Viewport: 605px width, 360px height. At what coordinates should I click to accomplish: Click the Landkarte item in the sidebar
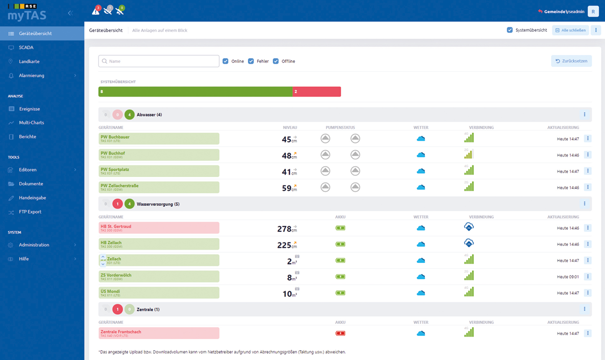point(29,61)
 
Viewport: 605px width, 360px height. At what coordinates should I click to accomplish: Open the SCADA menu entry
point(26,48)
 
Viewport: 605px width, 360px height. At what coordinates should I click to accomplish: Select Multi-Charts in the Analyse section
point(32,123)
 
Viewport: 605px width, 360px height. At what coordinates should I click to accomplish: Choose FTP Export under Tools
point(30,212)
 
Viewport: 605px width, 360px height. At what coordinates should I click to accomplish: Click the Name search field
point(159,61)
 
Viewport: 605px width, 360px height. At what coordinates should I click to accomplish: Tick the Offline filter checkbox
point(276,61)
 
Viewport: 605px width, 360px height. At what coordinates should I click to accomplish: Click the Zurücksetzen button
point(571,61)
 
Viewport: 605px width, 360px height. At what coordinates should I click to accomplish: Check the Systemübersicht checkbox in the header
point(510,30)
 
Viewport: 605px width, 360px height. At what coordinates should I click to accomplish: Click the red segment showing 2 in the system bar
point(316,92)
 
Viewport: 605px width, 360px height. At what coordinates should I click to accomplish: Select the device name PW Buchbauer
point(115,137)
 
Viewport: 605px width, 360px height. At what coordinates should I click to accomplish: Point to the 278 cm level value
point(284,229)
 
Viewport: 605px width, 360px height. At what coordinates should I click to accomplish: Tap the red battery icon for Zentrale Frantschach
point(340,333)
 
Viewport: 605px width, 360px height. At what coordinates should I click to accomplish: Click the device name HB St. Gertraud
point(116,226)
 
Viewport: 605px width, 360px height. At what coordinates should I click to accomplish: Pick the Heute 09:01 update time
point(568,277)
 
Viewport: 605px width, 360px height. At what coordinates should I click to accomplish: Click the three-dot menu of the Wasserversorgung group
point(585,203)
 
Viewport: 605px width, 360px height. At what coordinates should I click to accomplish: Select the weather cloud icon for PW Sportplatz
point(421,171)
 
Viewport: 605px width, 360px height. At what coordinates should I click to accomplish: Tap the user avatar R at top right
point(593,11)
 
